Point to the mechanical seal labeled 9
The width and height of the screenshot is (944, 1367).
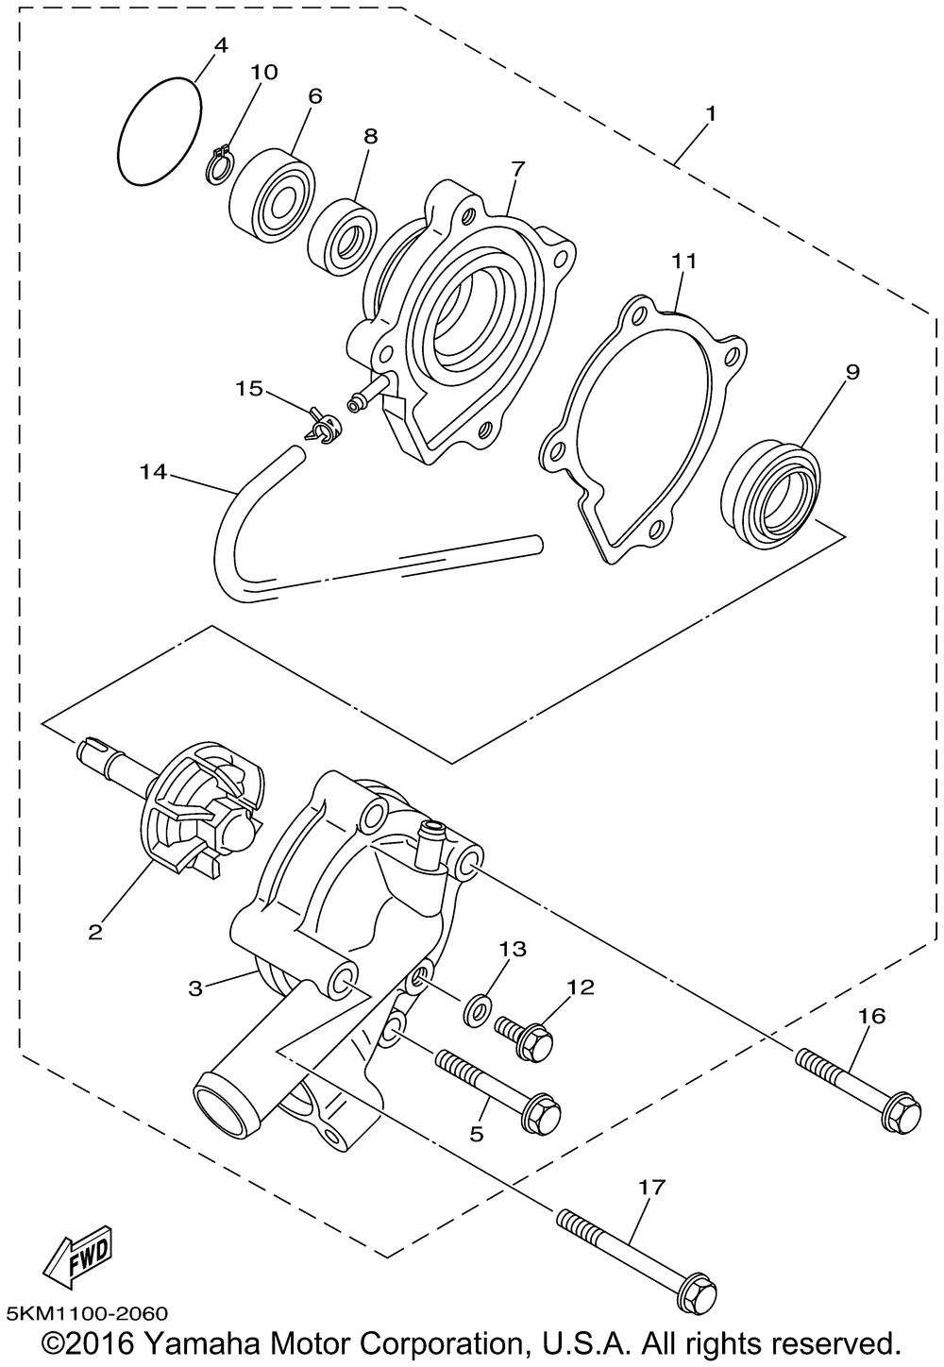click(x=770, y=492)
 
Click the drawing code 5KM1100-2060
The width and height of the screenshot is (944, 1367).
click(x=87, y=1311)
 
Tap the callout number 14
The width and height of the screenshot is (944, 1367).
click(x=153, y=472)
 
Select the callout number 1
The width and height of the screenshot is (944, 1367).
click(x=710, y=113)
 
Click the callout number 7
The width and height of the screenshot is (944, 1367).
click(x=517, y=169)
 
